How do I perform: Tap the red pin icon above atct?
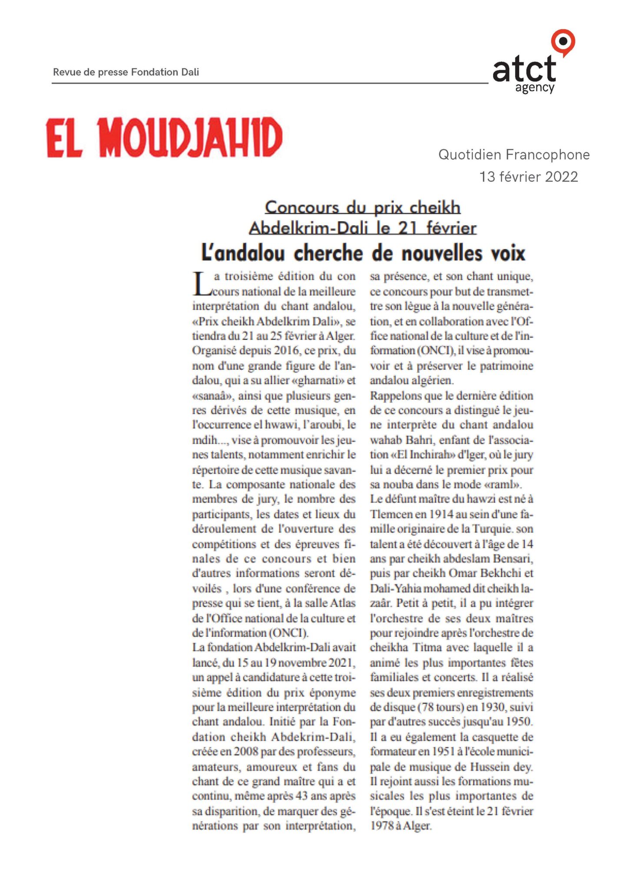coord(563,42)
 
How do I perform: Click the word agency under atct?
coord(535,88)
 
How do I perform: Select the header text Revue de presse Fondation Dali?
coord(126,72)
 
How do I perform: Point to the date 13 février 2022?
coord(528,177)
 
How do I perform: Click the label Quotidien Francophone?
coord(514,155)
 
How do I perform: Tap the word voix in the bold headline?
coord(507,253)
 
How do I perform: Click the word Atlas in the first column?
coord(343,603)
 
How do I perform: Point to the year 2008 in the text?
coord(246,751)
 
